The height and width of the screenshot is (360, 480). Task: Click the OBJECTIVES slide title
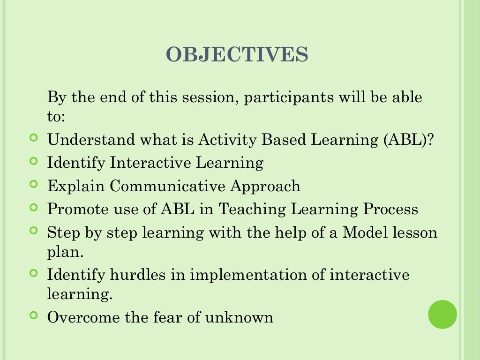pyautogui.click(x=237, y=55)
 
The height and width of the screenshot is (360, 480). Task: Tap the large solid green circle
pyautogui.click(x=442, y=314)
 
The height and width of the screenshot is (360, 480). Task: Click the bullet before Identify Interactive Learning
pyautogui.click(x=33, y=161)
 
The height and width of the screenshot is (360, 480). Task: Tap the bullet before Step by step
pyautogui.click(x=33, y=231)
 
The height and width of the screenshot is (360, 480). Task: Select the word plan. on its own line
pyautogui.click(x=65, y=252)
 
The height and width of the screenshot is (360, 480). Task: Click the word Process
pyautogui.click(x=391, y=209)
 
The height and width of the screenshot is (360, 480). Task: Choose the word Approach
pyautogui.click(x=265, y=186)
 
